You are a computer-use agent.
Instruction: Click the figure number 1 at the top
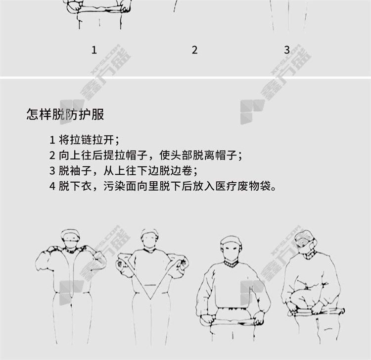point(94,50)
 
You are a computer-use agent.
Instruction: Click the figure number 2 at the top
point(194,50)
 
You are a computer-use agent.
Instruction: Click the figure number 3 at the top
point(287,50)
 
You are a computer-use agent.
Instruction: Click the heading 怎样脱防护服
point(65,114)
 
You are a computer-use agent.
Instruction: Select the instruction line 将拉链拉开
point(85,140)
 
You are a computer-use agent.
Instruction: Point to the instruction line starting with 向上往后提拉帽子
point(146,155)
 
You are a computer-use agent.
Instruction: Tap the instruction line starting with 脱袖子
point(123,170)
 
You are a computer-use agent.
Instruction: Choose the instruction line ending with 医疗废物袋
point(163,186)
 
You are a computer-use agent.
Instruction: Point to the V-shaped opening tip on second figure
point(150,299)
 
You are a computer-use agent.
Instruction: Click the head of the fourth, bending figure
point(306,243)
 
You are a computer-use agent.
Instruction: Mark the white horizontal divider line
point(185,77)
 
